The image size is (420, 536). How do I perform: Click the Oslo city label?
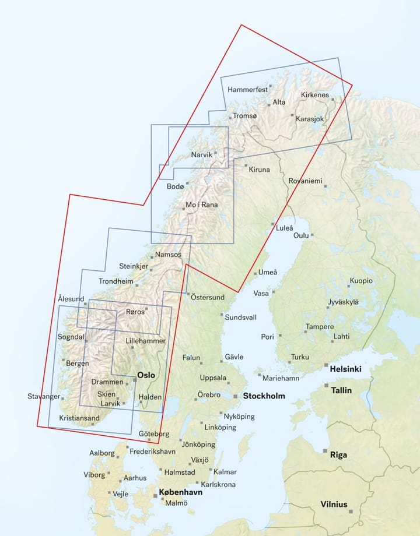point(145,375)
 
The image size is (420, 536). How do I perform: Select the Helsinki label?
point(345,369)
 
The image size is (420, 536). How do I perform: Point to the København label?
point(181,492)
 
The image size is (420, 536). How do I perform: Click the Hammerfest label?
point(247,90)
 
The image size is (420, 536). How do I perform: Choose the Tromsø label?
point(244,116)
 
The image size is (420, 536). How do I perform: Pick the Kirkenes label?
point(315,95)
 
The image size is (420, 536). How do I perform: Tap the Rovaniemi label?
point(305,181)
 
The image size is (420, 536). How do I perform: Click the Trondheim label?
point(116,281)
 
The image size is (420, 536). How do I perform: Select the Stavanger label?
point(44,397)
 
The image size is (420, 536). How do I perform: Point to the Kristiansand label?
point(80,418)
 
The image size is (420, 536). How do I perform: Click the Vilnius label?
point(334,505)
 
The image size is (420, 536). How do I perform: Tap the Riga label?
point(338,454)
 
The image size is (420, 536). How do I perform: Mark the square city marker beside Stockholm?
point(236,396)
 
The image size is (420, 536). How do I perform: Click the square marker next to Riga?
point(325,451)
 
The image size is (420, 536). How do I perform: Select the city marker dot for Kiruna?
point(246,165)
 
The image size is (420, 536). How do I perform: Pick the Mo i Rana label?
point(201,204)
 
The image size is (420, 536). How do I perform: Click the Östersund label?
point(208,297)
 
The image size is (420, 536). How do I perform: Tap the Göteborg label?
point(154,434)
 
